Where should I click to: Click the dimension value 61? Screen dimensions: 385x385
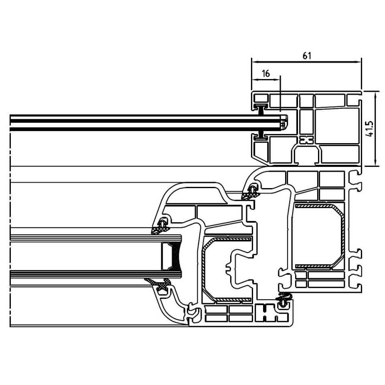click(307, 56)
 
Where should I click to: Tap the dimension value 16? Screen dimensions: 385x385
click(266, 73)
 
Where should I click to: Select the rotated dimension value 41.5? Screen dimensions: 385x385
click(369, 129)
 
